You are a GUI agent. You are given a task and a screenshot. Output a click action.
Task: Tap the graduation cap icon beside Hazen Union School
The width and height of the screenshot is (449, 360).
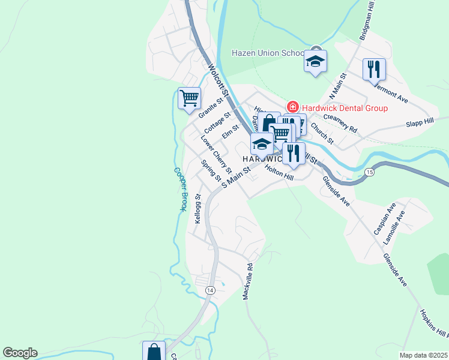click(316, 61)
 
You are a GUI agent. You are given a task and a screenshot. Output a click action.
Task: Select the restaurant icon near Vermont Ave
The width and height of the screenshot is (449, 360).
click(374, 69)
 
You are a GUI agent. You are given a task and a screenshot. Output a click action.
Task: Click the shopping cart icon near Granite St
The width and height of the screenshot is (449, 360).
click(189, 97)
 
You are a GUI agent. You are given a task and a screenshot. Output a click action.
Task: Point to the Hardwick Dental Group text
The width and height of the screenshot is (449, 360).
click(345, 108)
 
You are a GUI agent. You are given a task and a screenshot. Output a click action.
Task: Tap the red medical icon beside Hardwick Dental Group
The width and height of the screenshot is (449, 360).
click(293, 107)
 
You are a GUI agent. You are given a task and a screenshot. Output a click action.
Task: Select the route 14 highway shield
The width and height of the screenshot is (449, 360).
click(209, 290)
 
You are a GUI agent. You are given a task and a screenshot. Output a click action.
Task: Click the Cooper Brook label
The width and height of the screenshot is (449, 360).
click(179, 189)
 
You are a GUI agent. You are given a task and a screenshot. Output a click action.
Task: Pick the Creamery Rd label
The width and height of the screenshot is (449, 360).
click(340, 123)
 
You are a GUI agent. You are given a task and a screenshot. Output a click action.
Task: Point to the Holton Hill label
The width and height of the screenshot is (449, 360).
click(279, 173)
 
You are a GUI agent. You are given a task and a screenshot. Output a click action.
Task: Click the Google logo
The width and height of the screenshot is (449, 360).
click(20, 353)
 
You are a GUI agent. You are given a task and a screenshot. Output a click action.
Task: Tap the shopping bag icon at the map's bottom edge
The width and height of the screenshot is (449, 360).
click(154, 351)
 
